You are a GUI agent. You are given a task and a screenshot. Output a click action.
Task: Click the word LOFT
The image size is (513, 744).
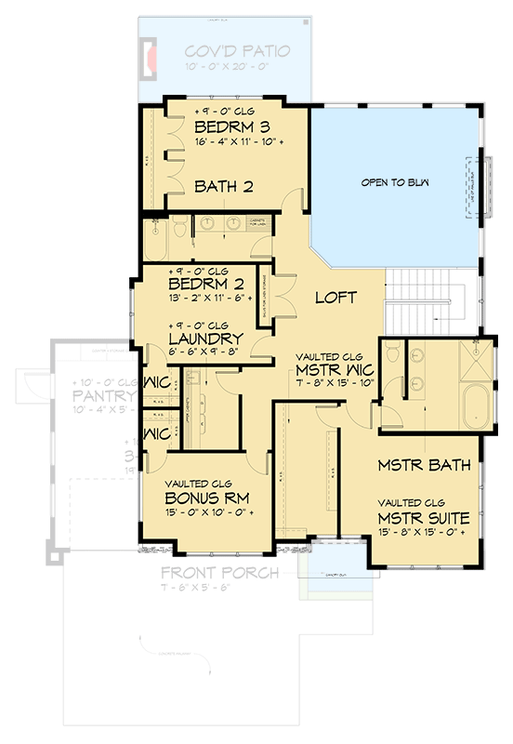[x=335, y=298]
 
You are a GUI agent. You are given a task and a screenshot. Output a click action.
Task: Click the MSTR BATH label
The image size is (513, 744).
[x=424, y=464]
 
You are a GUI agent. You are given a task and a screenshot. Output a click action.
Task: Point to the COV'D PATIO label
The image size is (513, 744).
[x=236, y=51]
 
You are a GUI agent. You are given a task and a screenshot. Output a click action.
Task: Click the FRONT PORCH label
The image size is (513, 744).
[x=219, y=573]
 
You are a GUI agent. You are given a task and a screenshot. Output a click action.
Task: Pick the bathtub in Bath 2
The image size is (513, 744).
[x=154, y=242]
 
